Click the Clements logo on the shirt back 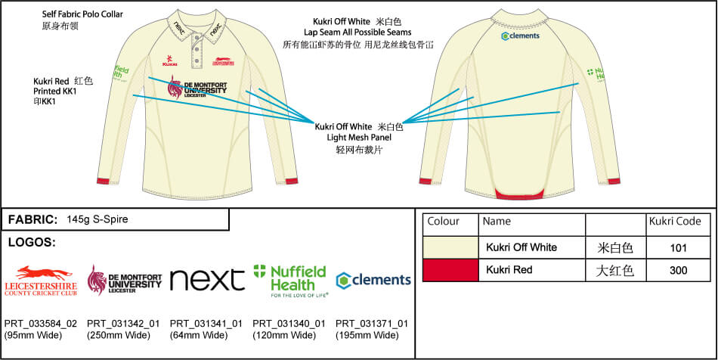click(521, 36)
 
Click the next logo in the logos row click(207, 279)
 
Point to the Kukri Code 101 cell click(678, 247)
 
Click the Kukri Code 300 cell click(678, 269)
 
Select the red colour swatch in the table click(450, 269)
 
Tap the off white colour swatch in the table click(450, 247)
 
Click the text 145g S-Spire click(97, 219)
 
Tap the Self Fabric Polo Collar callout click(82, 14)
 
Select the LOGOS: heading click(32, 243)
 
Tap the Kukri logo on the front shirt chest click(170, 60)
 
